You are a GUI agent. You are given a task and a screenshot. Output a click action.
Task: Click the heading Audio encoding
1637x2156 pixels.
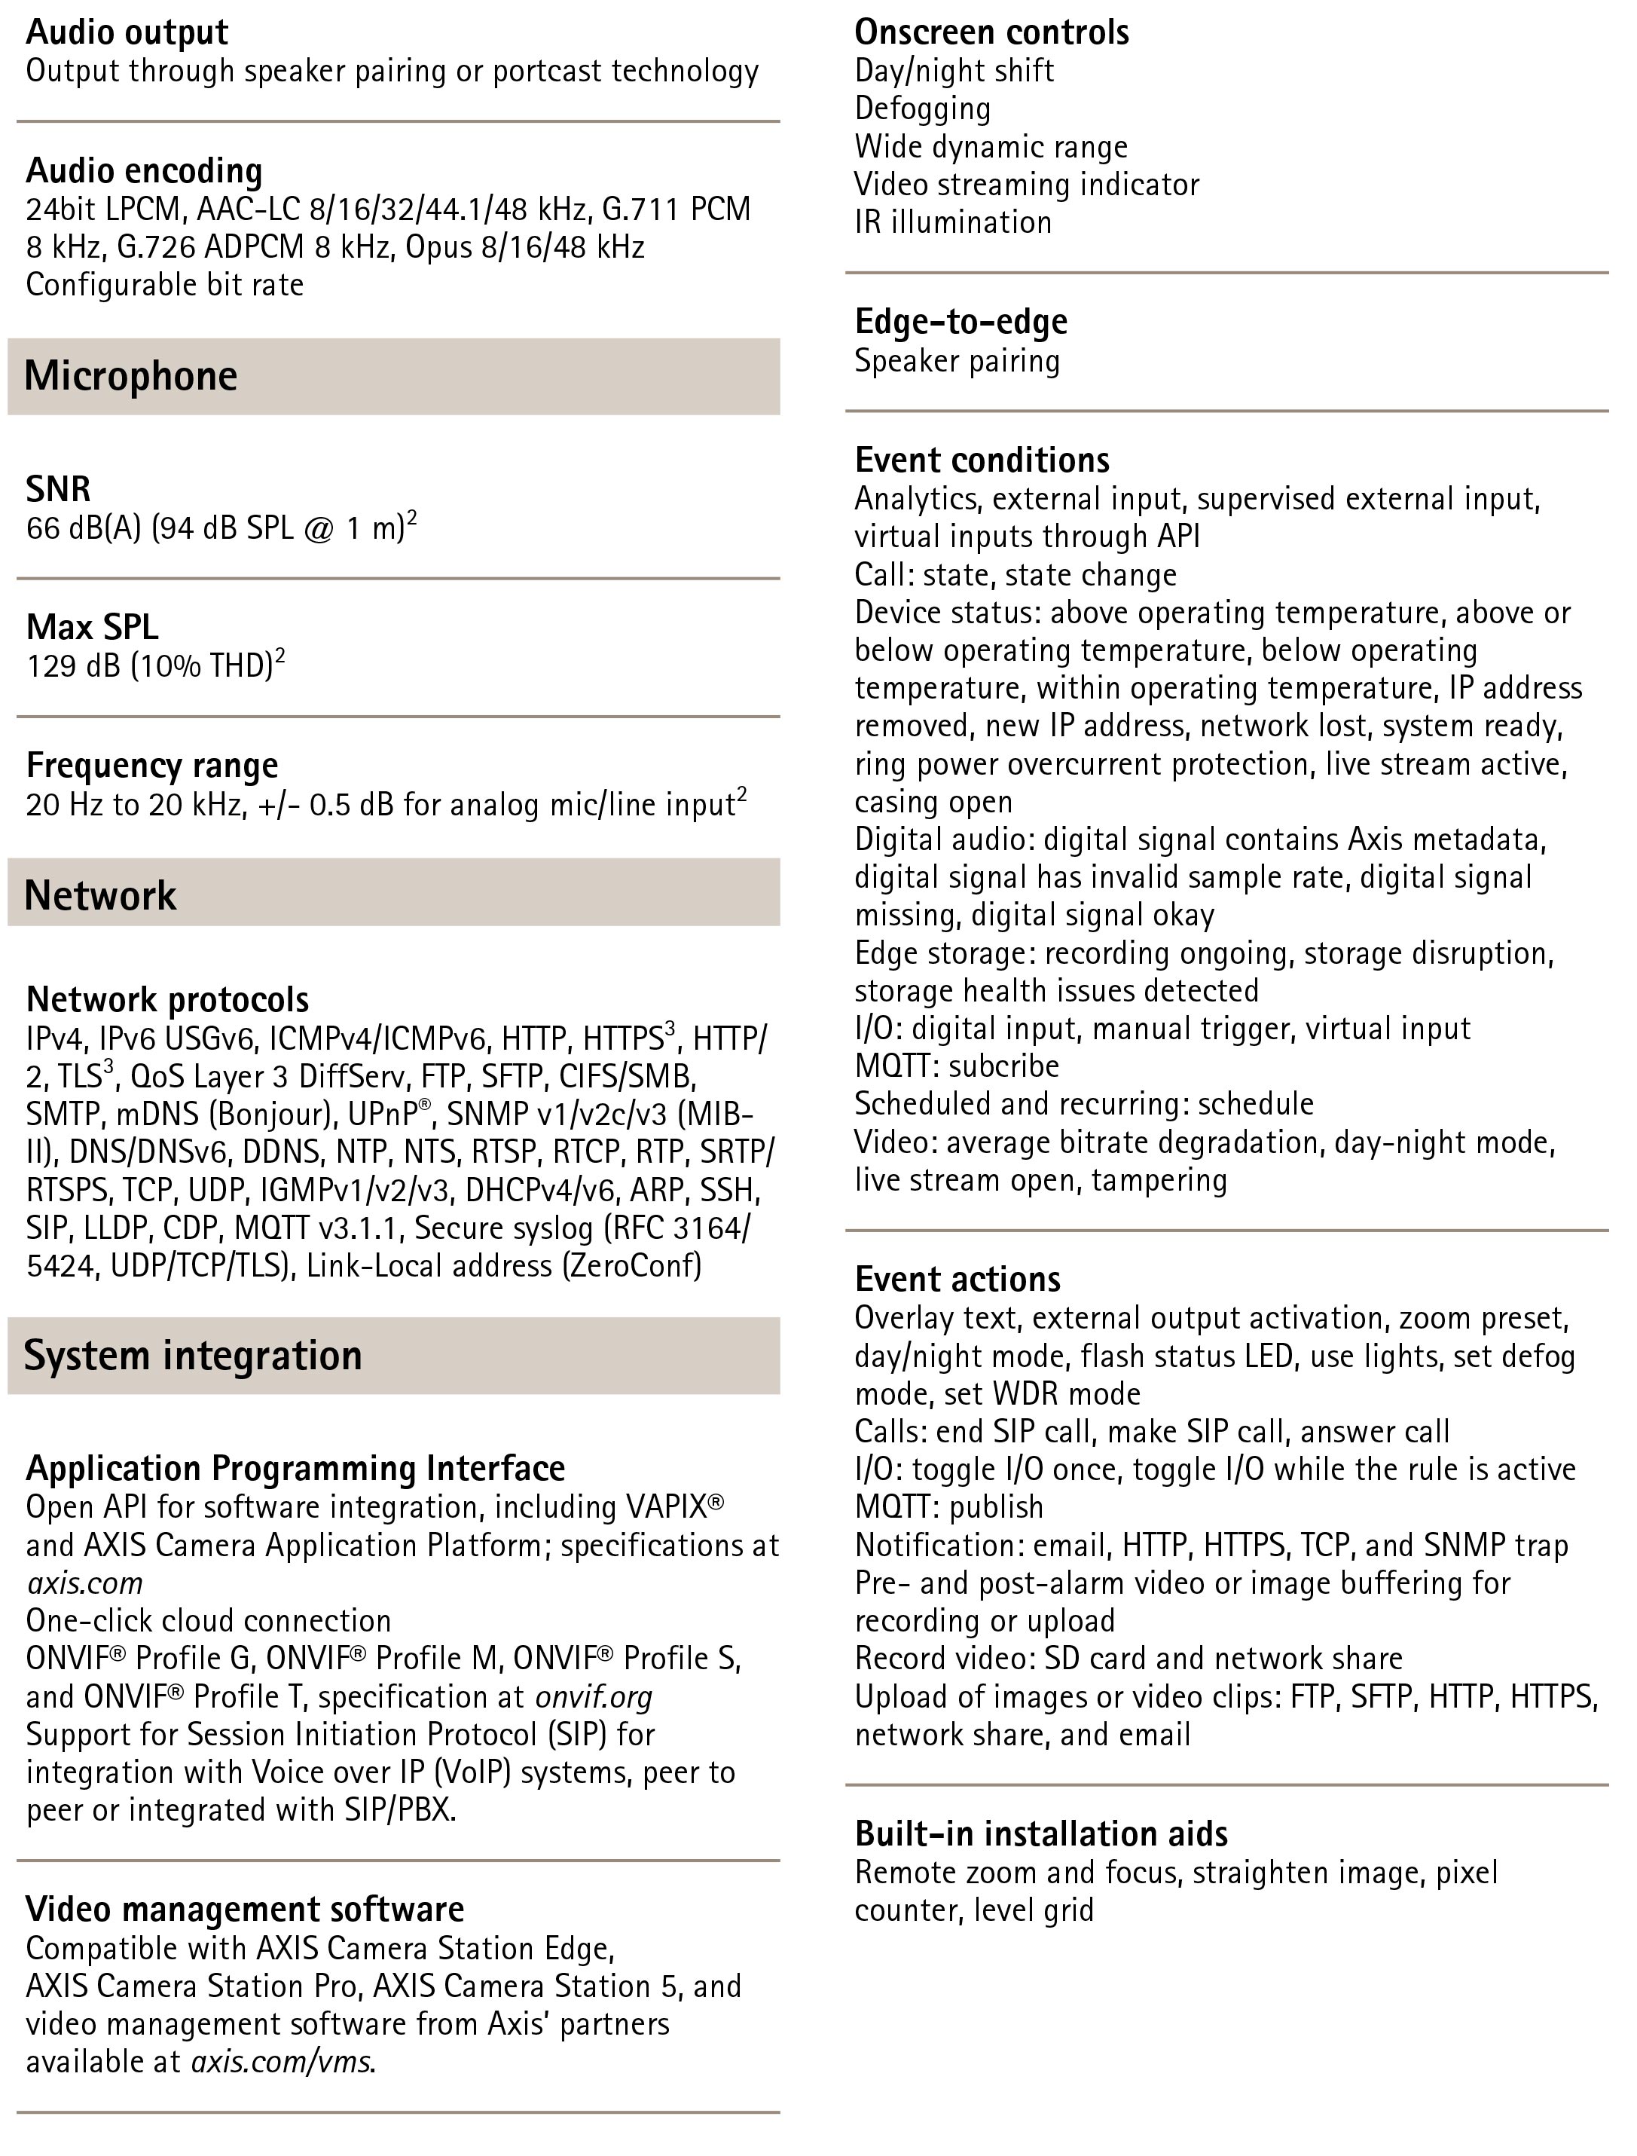[x=144, y=170]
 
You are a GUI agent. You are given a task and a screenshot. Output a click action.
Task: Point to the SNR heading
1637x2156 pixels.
[x=59, y=488]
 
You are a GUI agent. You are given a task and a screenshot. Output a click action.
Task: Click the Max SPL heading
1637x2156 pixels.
[x=92, y=627]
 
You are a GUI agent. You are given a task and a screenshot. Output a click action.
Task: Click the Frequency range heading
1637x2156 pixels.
[x=152, y=765]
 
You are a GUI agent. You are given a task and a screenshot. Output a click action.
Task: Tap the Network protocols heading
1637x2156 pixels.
[x=167, y=999]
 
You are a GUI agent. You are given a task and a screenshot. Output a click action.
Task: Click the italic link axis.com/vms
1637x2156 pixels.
[x=282, y=2062]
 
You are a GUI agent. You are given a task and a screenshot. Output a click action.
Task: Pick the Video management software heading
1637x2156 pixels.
[x=246, y=1908]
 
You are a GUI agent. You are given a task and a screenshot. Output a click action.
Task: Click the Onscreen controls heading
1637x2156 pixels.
[x=992, y=32]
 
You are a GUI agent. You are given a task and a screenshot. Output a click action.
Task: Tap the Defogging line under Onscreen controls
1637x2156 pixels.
[x=923, y=109]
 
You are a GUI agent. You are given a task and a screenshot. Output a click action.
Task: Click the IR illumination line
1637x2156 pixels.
[x=953, y=222]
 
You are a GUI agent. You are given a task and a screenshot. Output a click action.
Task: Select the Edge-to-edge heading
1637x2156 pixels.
[x=961, y=321]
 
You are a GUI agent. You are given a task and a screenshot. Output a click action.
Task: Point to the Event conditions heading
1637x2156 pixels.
[x=982, y=460]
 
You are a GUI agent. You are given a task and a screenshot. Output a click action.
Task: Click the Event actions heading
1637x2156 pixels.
[x=957, y=1279]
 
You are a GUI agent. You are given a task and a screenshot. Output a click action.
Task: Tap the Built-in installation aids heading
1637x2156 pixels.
[x=1040, y=1833]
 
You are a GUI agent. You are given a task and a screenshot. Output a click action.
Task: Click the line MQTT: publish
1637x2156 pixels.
[x=949, y=1507]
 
